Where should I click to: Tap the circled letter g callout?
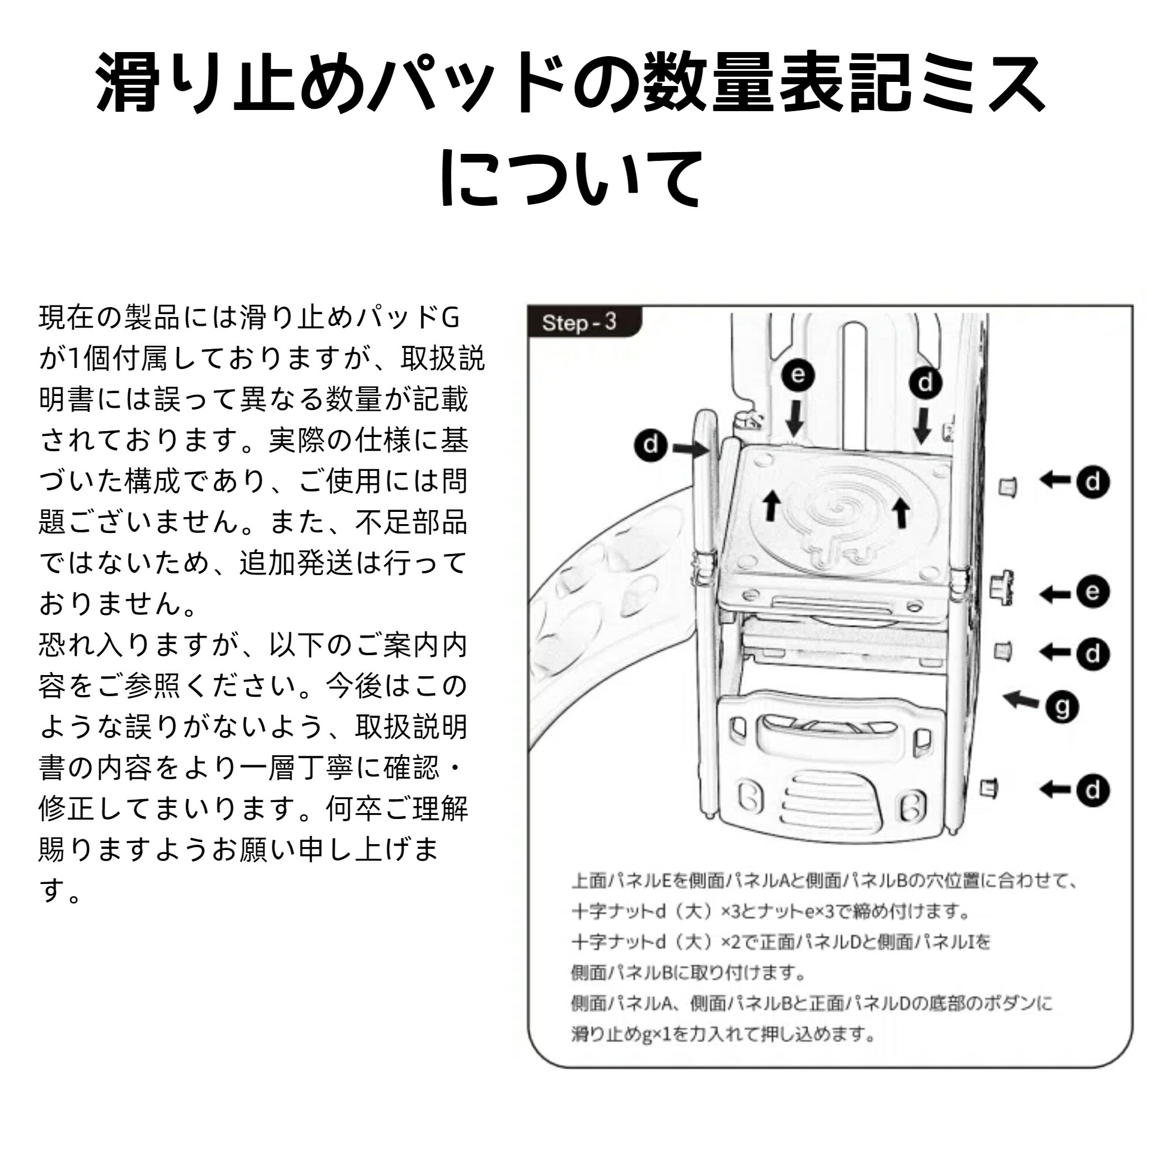pos(1062,707)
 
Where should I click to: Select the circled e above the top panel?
pos(797,375)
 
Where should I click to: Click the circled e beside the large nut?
pos(1092,591)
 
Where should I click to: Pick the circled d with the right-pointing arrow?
pos(651,445)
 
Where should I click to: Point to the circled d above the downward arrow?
pos(925,383)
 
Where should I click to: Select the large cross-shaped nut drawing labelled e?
pos(1001,587)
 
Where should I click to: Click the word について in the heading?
pos(573,178)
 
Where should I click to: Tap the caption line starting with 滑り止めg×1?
pos(723,1034)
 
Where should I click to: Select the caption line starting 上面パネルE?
pos(824,881)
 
